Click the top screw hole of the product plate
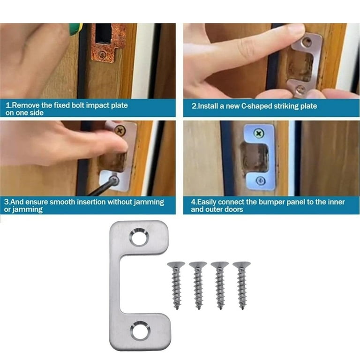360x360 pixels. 139,237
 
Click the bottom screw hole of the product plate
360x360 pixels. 140,330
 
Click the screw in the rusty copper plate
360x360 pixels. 102,55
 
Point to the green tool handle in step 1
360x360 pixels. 75,29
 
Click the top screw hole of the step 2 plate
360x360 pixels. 307,42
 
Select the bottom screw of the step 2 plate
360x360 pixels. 301,89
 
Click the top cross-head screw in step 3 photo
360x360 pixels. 120,131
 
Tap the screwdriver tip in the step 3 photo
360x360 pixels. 114,180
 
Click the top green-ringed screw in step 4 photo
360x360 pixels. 259,134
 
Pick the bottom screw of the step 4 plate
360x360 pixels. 260,180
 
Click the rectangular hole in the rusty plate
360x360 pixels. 103,33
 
